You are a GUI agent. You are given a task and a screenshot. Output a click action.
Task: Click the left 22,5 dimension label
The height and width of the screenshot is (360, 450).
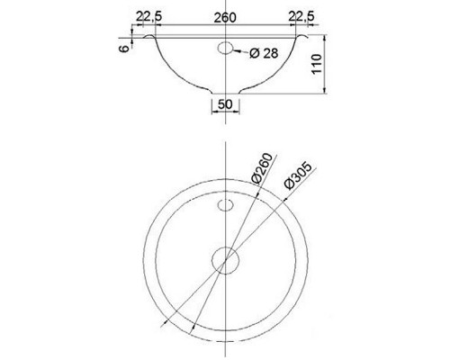148,16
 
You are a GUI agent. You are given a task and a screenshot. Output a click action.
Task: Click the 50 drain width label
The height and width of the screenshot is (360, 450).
225,103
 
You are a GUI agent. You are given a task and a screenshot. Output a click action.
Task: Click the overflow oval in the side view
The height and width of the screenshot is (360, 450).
226,47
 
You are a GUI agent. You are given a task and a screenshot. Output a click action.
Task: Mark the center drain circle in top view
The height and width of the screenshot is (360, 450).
225,261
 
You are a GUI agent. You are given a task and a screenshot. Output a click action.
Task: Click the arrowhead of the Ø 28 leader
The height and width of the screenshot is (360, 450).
237,50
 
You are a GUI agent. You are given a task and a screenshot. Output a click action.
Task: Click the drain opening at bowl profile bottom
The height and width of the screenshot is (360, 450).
225,94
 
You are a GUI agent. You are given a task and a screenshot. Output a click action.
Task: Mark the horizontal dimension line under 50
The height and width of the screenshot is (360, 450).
225,112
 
